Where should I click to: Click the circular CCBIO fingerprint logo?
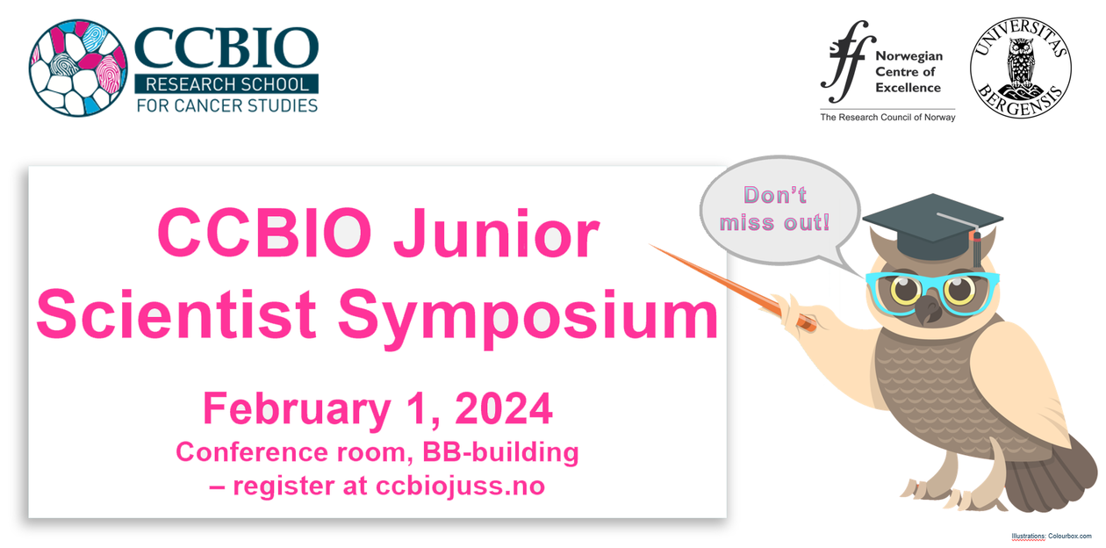tap(78, 68)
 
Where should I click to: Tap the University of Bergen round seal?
tap(1021, 68)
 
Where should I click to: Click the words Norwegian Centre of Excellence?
tap(908, 72)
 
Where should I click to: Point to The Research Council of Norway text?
tap(887, 117)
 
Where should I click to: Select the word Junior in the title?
tap(496, 234)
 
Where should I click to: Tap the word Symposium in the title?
tap(528, 319)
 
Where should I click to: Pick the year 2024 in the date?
tap(503, 408)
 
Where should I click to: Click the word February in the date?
tap(297, 411)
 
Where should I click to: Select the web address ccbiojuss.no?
tap(460, 486)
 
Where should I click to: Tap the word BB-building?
tap(500, 452)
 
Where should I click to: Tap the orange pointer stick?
tap(732, 286)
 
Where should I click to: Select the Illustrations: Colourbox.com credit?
tap(1052, 536)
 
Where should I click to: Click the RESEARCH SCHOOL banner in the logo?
tap(226, 84)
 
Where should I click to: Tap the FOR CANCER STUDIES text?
tap(227, 105)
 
